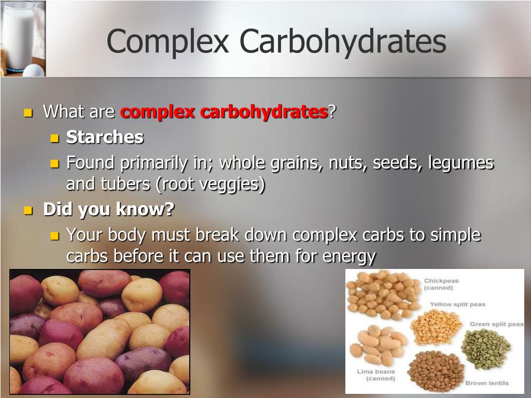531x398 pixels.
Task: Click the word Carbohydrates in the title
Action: tap(343, 41)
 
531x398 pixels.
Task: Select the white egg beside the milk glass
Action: tap(33, 70)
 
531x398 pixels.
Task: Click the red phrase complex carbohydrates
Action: tap(224, 112)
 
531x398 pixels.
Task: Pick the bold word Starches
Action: tap(105, 137)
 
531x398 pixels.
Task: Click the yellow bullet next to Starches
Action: tap(54, 138)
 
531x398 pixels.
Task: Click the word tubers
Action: tap(125, 184)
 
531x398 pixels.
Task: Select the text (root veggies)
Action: tap(211, 185)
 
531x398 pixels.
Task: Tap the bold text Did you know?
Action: tap(109, 209)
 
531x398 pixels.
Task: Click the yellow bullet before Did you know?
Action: tap(29, 210)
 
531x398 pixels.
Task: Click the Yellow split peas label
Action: tap(457, 304)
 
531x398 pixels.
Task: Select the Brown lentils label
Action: tap(487, 383)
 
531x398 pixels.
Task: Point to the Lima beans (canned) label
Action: tap(376, 375)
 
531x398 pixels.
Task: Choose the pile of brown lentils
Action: tap(436, 371)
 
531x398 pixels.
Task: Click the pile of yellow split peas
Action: tap(436, 327)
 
